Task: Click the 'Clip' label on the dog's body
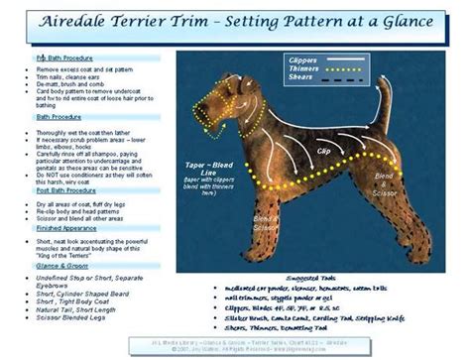[x=324, y=153]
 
